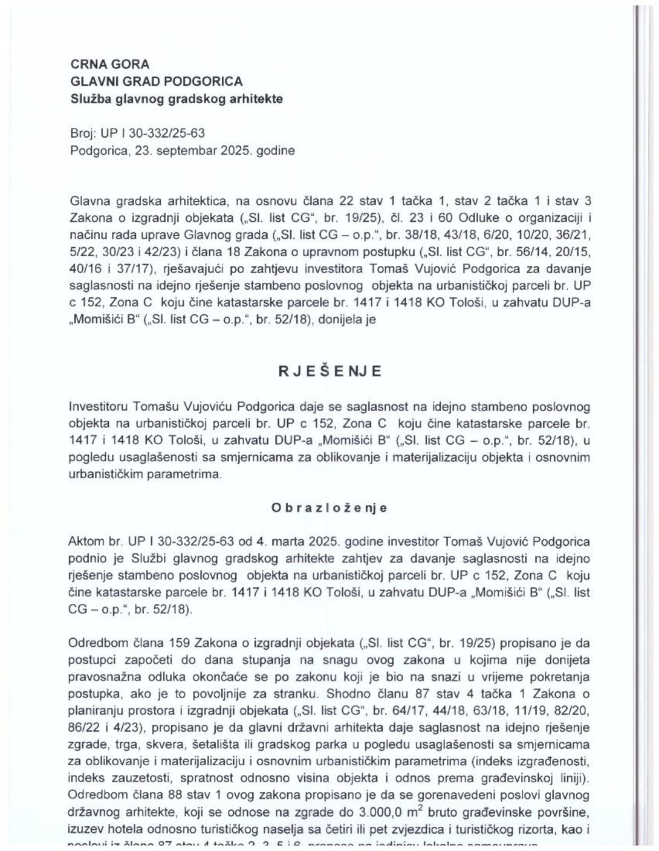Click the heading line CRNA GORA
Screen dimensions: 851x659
click(110, 64)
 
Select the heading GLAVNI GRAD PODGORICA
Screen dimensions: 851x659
click(157, 81)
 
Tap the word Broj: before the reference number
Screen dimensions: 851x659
click(83, 132)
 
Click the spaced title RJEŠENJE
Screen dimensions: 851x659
click(329, 371)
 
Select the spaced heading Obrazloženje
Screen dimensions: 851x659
click(329, 508)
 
